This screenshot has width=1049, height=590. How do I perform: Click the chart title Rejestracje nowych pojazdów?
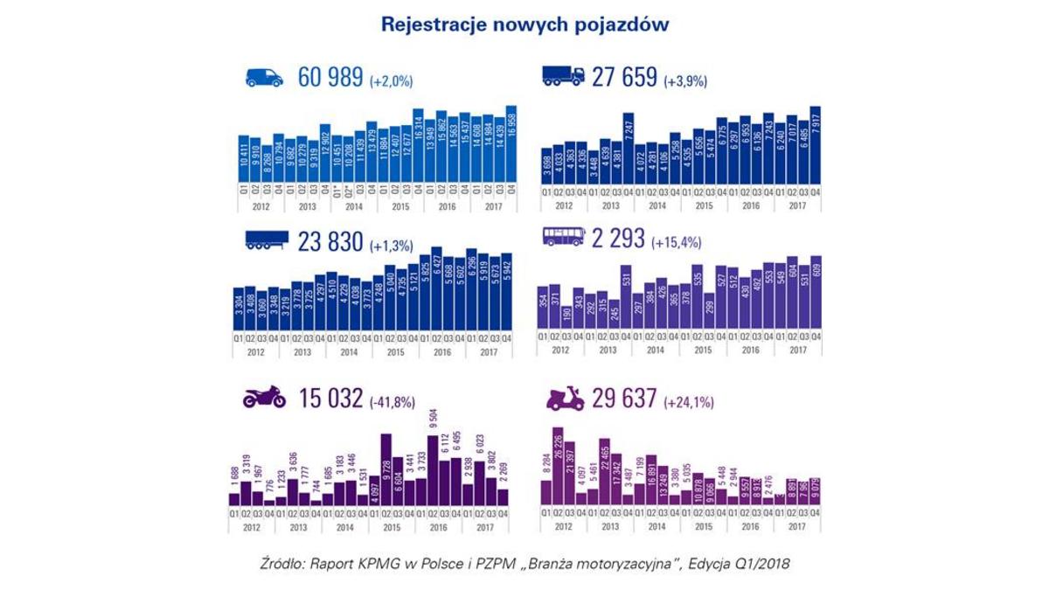coord(524,24)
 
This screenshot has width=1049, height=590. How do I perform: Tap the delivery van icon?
coord(263,77)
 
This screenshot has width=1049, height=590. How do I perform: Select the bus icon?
coord(564,237)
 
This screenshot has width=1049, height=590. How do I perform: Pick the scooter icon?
coord(565,398)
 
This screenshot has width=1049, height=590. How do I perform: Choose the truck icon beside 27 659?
coord(564,77)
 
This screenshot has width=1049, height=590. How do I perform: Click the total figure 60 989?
coord(330,78)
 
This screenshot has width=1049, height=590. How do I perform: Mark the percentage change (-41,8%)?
coord(393,401)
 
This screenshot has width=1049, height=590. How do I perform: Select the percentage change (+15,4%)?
coord(681,242)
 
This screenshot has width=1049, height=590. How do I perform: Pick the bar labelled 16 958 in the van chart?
coord(511,144)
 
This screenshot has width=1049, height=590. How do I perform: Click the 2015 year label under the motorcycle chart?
coord(393,528)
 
